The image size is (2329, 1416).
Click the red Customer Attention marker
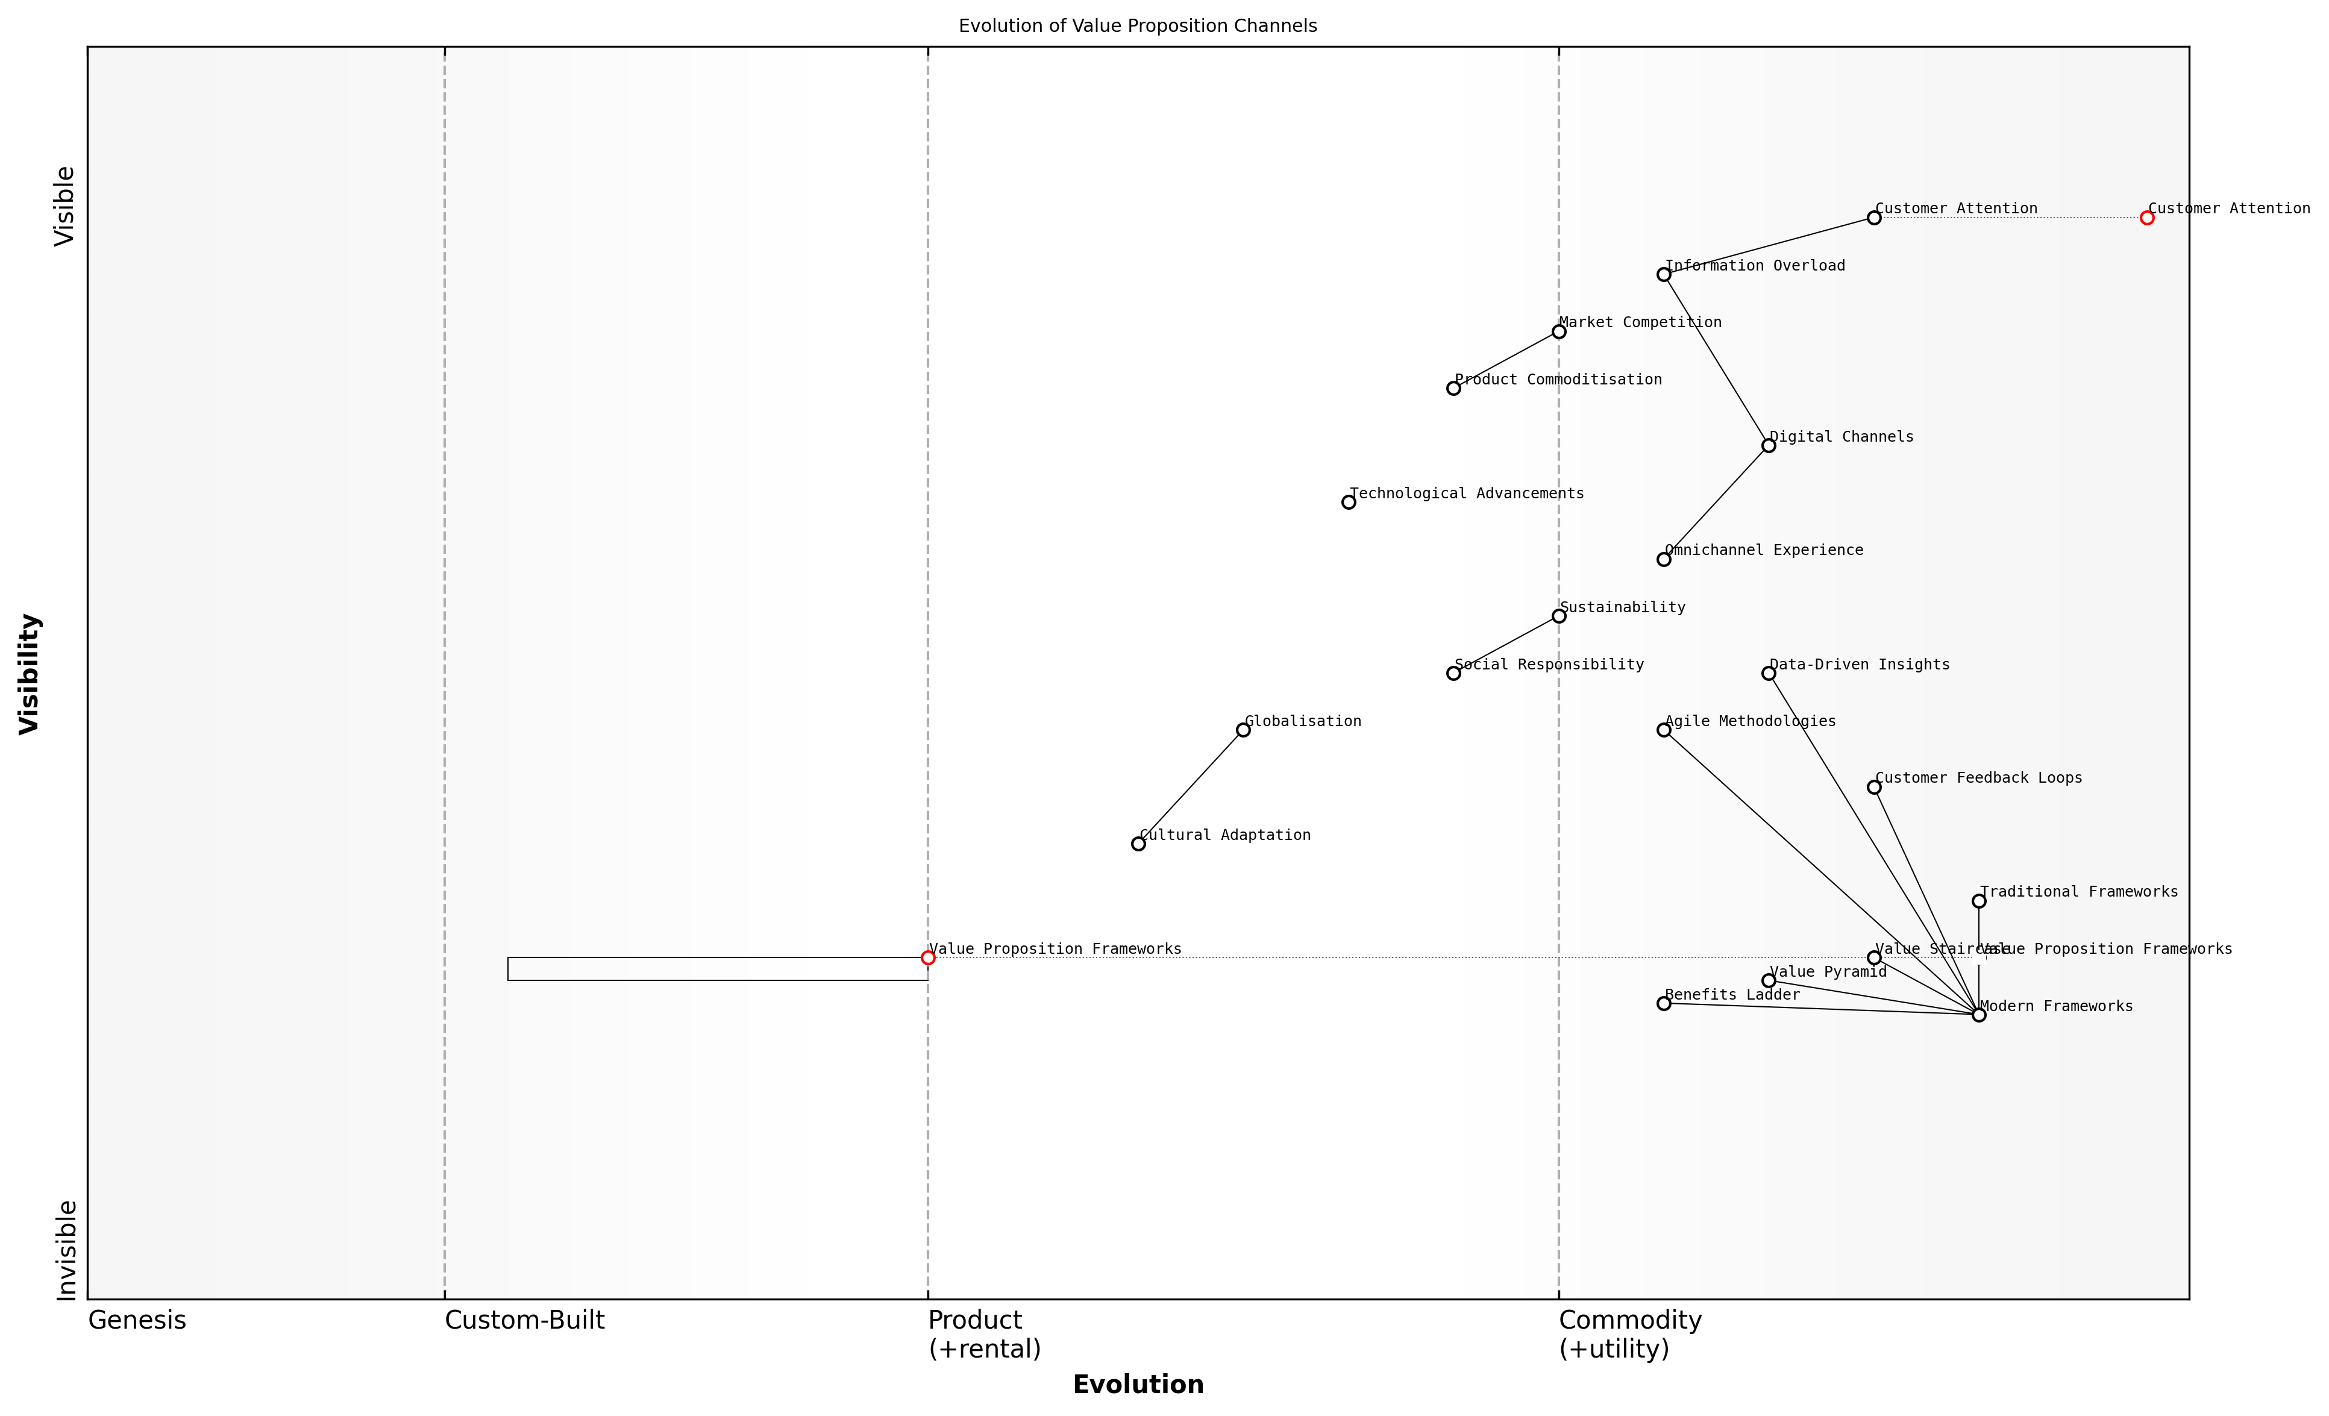2146,218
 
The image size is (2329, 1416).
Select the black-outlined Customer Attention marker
1873,218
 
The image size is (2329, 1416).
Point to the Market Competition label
1640,322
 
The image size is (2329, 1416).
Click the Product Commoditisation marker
1453,389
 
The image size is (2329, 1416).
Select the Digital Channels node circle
1769,445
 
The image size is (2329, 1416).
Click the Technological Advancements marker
1348,502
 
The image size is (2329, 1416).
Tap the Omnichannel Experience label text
1764,550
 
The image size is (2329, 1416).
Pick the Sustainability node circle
1559,616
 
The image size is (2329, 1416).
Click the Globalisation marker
1243,730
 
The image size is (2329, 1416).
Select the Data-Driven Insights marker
1769,673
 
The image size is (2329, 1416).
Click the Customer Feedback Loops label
1978,778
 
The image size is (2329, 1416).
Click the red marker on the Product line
927,957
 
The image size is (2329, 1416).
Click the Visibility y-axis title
30,673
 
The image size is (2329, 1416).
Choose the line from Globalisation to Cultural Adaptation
1191,786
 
